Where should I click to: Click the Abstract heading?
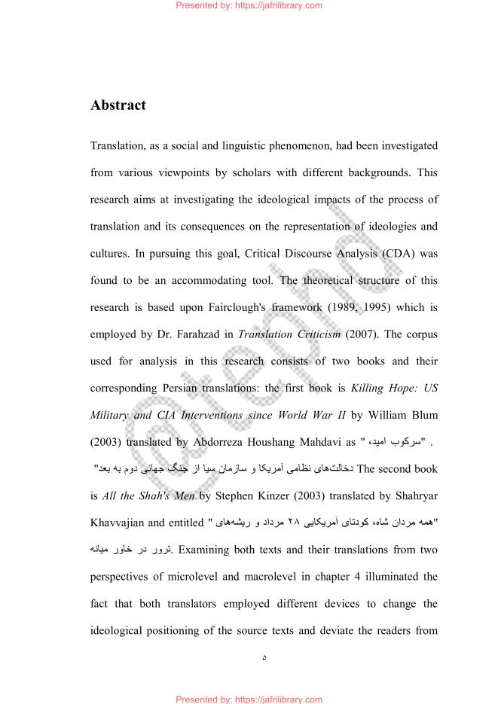[x=118, y=105]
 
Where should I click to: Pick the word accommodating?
[x=222, y=280]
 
